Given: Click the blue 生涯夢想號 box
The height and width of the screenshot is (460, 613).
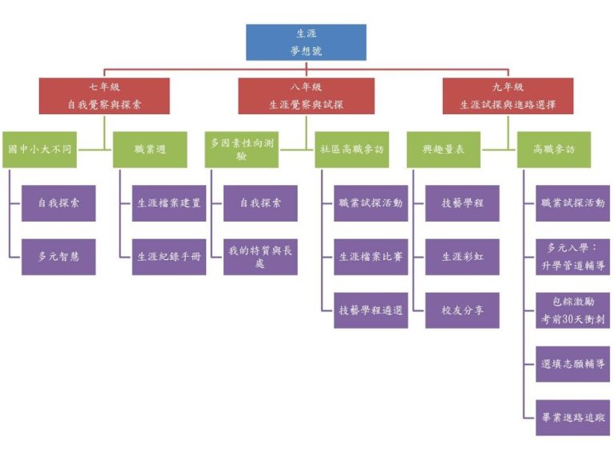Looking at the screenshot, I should coord(306,42).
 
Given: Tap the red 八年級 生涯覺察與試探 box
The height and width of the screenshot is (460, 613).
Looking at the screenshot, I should coord(306,96).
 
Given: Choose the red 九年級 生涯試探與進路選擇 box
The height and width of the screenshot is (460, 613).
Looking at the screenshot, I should coord(508,96).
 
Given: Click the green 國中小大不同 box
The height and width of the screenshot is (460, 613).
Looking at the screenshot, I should coord(40,149).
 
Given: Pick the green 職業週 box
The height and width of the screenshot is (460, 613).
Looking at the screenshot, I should coord(150,149).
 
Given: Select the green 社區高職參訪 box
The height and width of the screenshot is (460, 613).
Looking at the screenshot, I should coord(352,149).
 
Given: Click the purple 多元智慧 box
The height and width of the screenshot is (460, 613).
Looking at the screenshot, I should coord(58,257).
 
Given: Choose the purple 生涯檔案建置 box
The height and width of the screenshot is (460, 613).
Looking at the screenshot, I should coord(168,203).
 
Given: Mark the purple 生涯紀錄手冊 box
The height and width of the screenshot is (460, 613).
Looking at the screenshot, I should coord(168,257).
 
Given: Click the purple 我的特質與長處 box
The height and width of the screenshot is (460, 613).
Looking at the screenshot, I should coord(260,257).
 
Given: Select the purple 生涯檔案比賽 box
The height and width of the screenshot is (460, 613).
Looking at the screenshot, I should coord(370,257).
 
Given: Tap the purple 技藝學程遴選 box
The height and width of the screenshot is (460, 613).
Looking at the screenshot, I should coord(370,310).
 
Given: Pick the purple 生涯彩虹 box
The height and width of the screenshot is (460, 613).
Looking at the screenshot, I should coord(462,257).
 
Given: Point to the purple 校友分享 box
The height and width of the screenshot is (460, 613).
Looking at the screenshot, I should coord(462,310).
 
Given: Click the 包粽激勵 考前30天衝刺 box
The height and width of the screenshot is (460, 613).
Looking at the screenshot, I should coord(572,310).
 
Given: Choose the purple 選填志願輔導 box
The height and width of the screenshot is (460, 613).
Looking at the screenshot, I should coord(572,364).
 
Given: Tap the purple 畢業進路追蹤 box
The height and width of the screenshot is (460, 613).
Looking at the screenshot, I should coord(572,417).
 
